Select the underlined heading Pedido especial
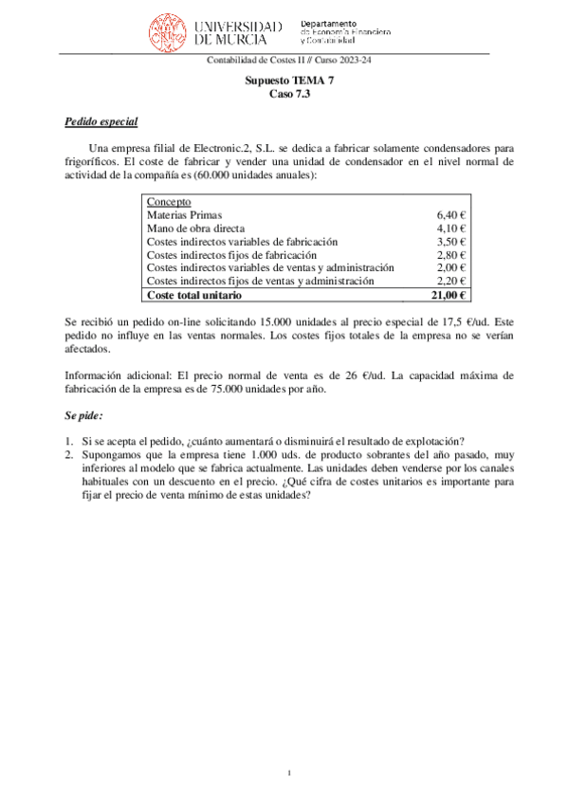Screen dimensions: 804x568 [x=101, y=122]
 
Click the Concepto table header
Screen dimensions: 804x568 [x=169, y=202]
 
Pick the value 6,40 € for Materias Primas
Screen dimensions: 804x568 [x=451, y=215]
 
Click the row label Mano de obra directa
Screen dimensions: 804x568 [x=195, y=228]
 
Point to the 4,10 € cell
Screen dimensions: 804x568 [x=451, y=228]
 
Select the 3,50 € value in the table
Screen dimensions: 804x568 [x=451, y=242]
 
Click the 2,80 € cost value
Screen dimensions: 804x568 [x=451, y=255]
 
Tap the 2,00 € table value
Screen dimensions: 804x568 [x=451, y=268]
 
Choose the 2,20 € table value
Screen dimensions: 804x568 [x=451, y=282]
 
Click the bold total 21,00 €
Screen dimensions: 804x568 [x=449, y=296]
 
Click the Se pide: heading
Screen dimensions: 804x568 [x=83, y=416]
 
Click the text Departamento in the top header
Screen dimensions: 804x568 [x=328, y=22]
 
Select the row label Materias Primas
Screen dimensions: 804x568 [x=185, y=215]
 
